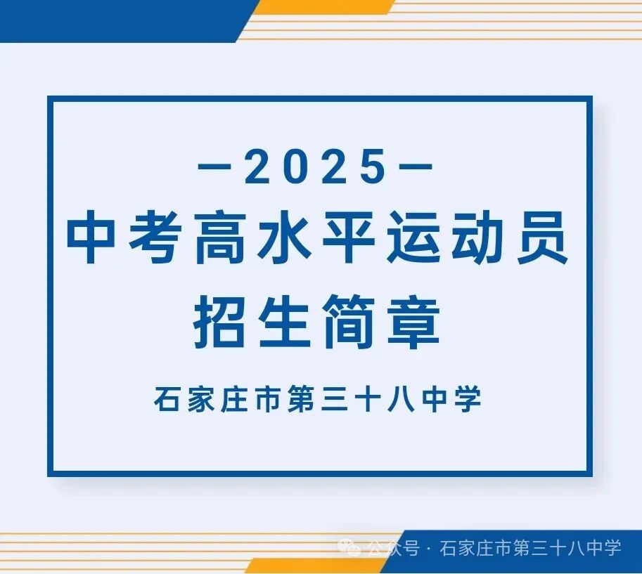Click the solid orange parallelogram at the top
[323, 6]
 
